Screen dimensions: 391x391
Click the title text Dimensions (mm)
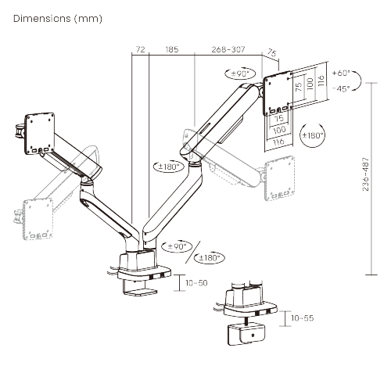pyautogui.click(x=57, y=17)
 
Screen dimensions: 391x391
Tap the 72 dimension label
pyautogui.click(x=141, y=49)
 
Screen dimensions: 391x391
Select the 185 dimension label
pyautogui.click(x=171, y=49)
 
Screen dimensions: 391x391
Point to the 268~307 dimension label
pyautogui.click(x=228, y=49)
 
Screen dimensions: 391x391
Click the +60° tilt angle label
pyautogui.click(x=341, y=73)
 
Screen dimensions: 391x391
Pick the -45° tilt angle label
pyautogui.click(x=341, y=88)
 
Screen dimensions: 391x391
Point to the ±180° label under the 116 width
pyautogui.click(x=312, y=135)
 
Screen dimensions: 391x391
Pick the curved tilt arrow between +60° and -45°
pyautogui.click(x=357, y=81)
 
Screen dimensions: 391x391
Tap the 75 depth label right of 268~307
pyautogui.click(x=272, y=54)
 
